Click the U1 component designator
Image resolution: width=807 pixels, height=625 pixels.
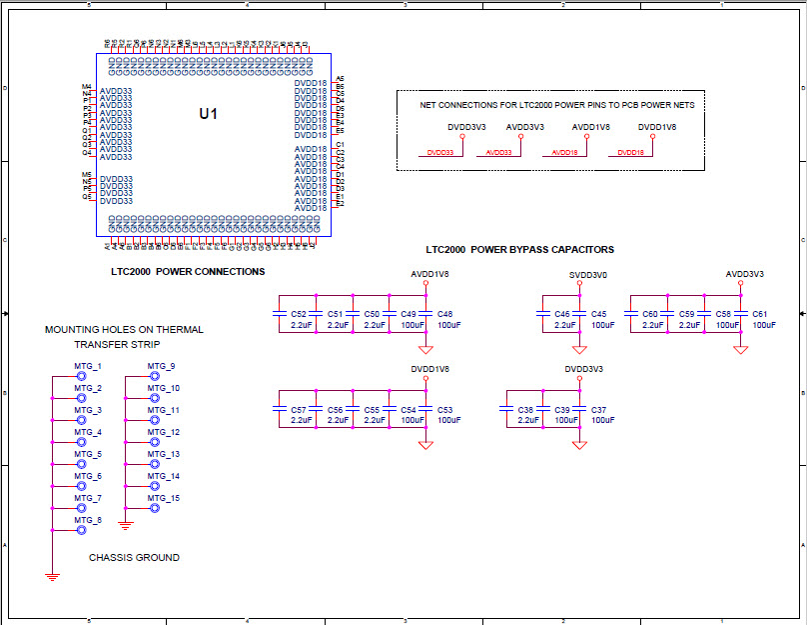207,114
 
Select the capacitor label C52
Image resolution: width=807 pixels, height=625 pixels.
299,314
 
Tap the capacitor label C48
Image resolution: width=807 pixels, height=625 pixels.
445,314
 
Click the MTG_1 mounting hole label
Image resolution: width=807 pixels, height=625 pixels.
88,366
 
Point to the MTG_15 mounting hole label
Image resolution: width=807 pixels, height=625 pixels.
163,498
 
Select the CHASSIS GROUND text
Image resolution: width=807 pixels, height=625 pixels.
134,557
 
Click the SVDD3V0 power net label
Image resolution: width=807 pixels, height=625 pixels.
587,274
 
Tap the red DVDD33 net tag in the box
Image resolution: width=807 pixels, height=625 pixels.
440,153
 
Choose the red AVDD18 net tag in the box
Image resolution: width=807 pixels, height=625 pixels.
564,153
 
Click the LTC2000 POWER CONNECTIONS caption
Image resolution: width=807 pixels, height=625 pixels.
188,271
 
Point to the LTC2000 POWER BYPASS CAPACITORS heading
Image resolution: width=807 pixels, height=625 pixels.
519,250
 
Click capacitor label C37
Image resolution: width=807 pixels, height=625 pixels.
599,411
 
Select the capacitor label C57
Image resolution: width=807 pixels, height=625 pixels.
299,411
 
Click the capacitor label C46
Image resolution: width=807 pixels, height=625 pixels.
562,314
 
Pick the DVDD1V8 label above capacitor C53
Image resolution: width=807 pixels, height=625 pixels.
429,369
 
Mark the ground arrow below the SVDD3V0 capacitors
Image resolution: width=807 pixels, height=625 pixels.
579,349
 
